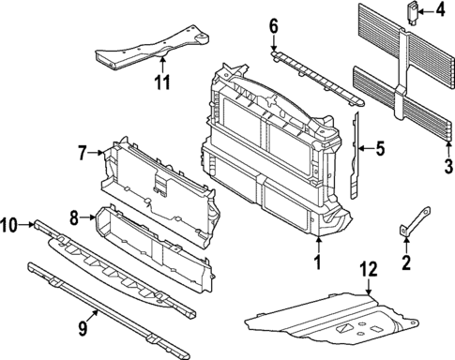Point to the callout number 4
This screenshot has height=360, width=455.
pos(441,11)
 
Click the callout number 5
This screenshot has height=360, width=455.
pos(381,146)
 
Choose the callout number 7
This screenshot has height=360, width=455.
pos(82,151)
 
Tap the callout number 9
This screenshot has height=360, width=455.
pos(83,327)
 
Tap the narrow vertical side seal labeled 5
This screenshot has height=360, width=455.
pos(356,155)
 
